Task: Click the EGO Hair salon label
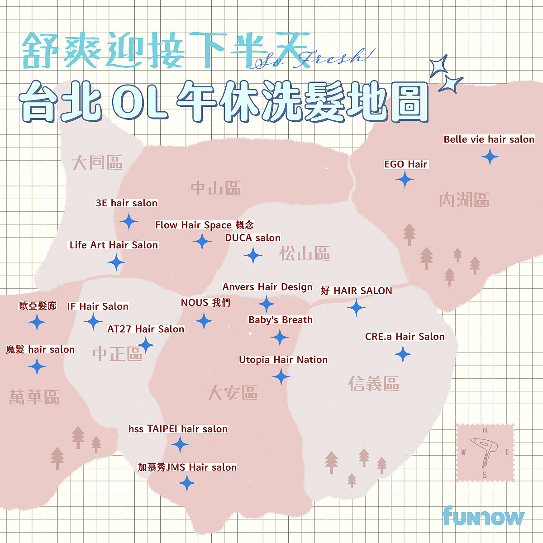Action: [405, 164]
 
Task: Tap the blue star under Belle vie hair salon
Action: [490, 157]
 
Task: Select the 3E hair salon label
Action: [127, 203]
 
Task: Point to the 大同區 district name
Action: [97, 162]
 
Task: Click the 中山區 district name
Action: [216, 188]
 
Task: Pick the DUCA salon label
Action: [252, 238]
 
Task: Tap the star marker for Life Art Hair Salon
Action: [116, 262]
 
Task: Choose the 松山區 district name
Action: [304, 253]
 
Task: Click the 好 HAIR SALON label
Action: [357, 291]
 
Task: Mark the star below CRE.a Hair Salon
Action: [403, 354]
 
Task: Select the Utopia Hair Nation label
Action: [283, 360]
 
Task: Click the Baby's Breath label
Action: [281, 320]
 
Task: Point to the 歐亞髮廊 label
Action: [38, 306]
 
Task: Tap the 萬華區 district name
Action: [34, 397]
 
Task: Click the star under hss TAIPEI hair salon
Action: [180, 444]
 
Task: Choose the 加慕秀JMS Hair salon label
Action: [187, 467]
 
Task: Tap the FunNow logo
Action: [483, 516]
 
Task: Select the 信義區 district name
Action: [374, 384]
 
